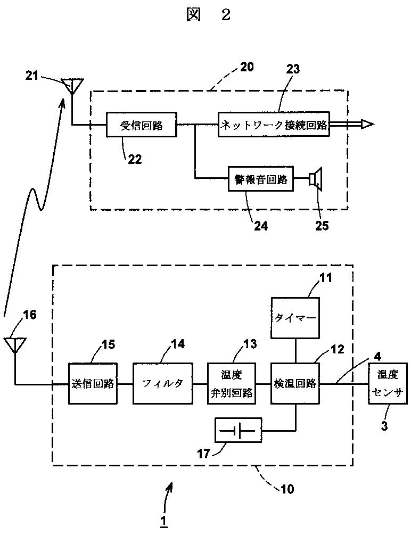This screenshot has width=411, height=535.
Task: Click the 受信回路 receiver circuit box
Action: click(x=142, y=125)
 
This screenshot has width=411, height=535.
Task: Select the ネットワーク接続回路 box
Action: click(x=274, y=125)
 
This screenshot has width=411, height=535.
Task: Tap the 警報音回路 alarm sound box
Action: click(x=261, y=179)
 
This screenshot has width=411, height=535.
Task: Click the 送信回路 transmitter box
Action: click(x=93, y=383)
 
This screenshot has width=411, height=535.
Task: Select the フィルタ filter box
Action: click(x=162, y=383)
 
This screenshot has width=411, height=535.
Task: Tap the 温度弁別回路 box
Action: click(x=232, y=383)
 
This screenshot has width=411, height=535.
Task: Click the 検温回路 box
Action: click(x=295, y=383)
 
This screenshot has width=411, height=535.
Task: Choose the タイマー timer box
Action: click(x=295, y=318)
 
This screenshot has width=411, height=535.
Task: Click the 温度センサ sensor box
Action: click(x=388, y=383)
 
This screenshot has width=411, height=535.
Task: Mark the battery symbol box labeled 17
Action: click(x=239, y=430)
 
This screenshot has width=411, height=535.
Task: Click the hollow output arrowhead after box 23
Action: click(x=367, y=125)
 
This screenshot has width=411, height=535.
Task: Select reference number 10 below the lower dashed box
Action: click(x=287, y=489)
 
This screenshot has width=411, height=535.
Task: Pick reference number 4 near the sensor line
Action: click(x=377, y=356)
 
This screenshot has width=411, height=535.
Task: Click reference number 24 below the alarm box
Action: click(x=260, y=226)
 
